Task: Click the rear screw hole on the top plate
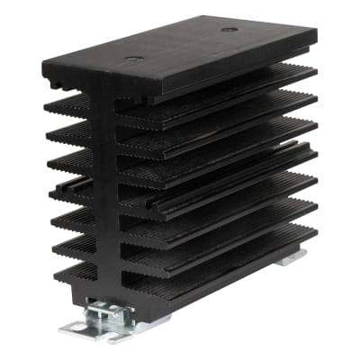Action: click(229, 29)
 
